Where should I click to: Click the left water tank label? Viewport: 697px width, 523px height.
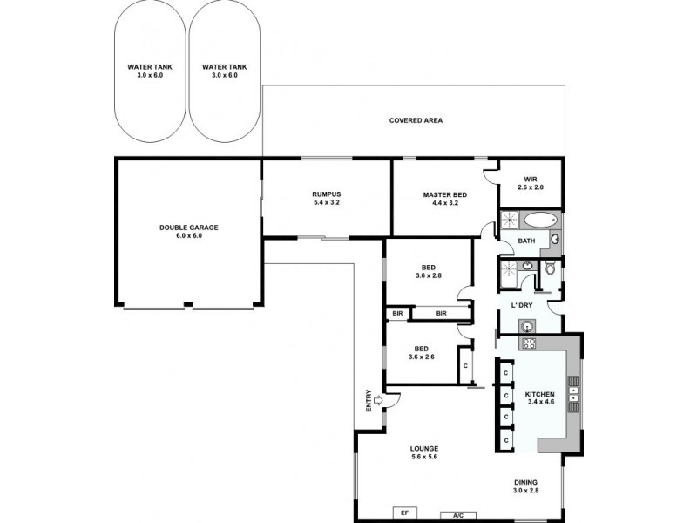pyautogui.click(x=150, y=71)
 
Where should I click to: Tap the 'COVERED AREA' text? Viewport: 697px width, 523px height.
pyautogui.click(x=416, y=120)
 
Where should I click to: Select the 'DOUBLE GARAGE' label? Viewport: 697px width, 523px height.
pyautogui.click(x=188, y=231)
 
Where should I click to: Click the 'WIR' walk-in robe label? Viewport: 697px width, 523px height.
pyautogui.click(x=530, y=183)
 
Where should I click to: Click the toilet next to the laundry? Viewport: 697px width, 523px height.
pyautogui.click(x=549, y=269)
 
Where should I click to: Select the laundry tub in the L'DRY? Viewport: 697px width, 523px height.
pyautogui.click(x=525, y=326)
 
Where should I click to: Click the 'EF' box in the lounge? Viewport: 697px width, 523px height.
pyautogui.click(x=404, y=513)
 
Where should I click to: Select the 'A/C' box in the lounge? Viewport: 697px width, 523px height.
pyautogui.click(x=458, y=513)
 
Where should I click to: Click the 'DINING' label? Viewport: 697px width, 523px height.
pyautogui.click(x=525, y=486)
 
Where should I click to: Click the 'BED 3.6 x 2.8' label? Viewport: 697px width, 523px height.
pyautogui.click(x=428, y=271)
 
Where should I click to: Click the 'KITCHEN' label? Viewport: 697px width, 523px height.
pyautogui.click(x=539, y=397)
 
